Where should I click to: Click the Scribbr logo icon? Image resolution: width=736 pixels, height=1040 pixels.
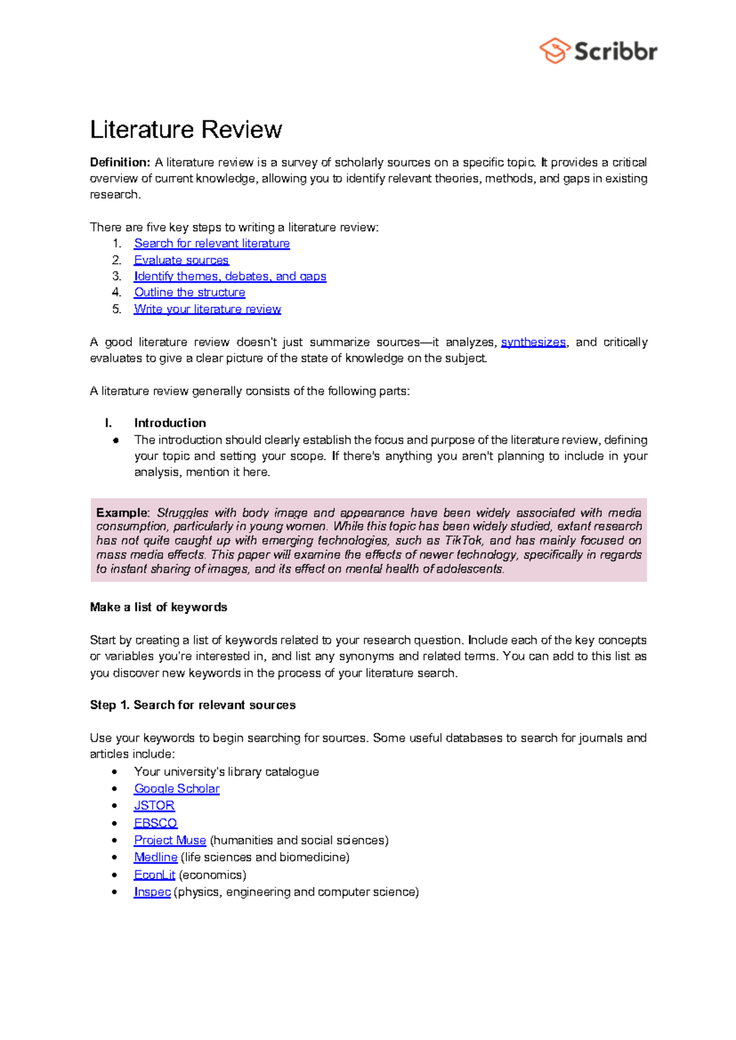(555, 51)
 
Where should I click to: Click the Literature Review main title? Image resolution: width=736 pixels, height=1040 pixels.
(186, 129)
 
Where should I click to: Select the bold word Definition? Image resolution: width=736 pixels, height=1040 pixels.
(120, 162)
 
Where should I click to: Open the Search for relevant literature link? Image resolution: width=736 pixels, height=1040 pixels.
(212, 243)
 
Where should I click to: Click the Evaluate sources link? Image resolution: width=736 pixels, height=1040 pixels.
(181, 260)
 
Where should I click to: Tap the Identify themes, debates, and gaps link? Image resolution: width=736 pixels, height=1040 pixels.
(230, 277)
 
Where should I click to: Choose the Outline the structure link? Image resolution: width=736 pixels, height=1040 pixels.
(190, 292)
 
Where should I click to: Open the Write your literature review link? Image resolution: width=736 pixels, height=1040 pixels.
(207, 309)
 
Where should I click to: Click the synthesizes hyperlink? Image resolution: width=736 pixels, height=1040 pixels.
(533, 342)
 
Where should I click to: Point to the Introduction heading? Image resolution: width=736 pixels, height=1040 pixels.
(170, 423)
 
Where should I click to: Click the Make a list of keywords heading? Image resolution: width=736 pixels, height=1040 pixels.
(158, 607)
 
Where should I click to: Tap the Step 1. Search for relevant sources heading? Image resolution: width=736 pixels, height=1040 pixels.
(193, 705)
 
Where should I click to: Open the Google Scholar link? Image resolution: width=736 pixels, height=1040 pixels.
(177, 789)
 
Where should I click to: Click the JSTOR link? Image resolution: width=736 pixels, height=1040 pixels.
(154, 806)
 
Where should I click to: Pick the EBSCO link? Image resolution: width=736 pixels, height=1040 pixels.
(155, 823)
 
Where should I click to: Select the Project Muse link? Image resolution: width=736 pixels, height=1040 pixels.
(170, 840)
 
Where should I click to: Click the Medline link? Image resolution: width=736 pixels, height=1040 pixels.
(156, 857)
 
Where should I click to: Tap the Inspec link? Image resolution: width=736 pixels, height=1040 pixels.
(152, 892)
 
